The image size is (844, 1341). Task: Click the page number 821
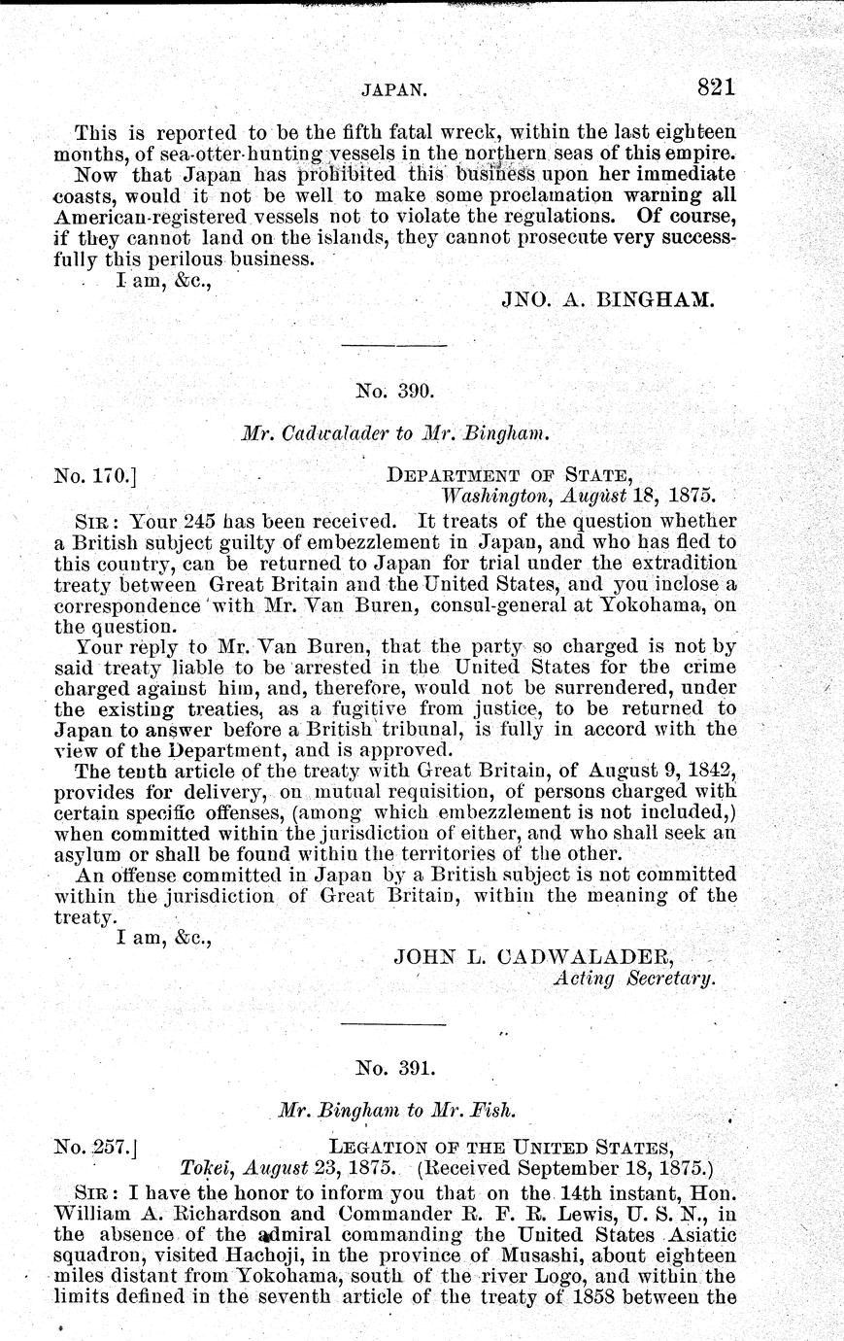717,87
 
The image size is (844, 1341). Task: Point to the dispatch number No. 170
94,476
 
